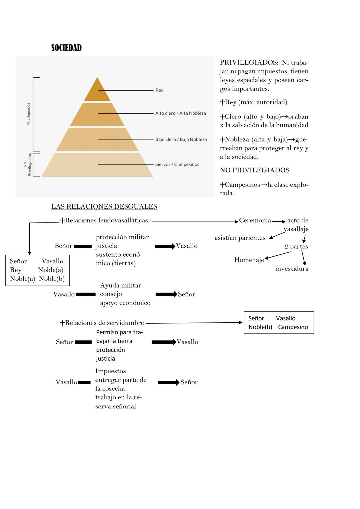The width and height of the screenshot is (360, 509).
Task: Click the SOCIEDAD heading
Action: pyautogui.click(x=66, y=48)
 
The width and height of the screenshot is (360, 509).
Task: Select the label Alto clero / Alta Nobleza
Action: pyautogui.click(x=180, y=113)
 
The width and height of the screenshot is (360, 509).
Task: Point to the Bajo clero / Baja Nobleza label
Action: pyautogui.click(x=181, y=139)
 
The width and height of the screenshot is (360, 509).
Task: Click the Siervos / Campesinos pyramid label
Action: pyautogui.click(x=177, y=164)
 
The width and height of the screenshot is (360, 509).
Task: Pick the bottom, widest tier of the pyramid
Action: pyautogui.click(x=97, y=165)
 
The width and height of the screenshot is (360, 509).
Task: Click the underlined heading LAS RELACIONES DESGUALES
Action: pyautogui.click(x=104, y=207)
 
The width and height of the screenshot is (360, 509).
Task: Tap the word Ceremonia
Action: pyautogui.click(x=255, y=220)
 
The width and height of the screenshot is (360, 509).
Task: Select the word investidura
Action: pyautogui.click(x=292, y=269)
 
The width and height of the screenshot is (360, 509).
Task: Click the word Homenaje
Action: pyautogui.click(x=249, y=260)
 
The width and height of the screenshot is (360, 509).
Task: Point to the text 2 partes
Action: pyautogui.click(x=296, y=247)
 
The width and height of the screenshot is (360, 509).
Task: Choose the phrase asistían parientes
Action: pyautogui.click(x=240, y=238)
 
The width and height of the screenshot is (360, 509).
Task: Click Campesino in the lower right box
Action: pyautogui.click(x=293, y=327)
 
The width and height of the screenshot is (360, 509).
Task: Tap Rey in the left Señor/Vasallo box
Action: pyautogui.click(x=16, y=270)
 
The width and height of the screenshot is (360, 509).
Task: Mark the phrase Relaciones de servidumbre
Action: pyautogui.click(x=104, y=323)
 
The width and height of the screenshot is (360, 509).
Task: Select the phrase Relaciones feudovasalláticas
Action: pyautogui.click(x=106, y=220)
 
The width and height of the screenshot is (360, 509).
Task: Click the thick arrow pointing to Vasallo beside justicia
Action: pyautogui.click(x=165, y=246)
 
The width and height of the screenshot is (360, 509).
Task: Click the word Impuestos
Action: pyautogui.click(x=110, y=371)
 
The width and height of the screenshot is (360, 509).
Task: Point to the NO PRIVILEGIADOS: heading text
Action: pyautogui.click(x=255, y=170)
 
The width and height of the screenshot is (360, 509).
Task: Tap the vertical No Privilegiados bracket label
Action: pyautogui.click(x=27, y=165)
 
